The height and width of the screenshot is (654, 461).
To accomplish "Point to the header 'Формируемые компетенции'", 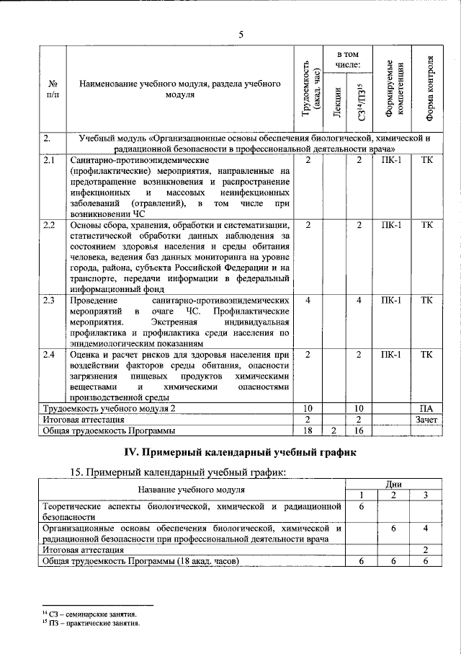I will (395, 89).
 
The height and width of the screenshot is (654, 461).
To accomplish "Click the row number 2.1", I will (50, 160).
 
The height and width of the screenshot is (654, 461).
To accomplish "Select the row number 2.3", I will (50, 299).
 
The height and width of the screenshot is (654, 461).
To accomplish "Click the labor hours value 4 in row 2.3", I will (308, 299).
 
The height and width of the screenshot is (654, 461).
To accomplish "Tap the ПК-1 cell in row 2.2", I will (394, 225).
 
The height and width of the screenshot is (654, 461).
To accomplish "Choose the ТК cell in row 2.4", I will (426, 355).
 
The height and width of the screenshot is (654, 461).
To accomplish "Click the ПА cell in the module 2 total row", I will (426, 408).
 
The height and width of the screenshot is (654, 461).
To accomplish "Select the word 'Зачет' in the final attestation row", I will (426, 419).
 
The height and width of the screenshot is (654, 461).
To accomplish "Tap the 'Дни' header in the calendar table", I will (393, 484).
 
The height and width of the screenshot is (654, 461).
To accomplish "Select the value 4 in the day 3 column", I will (426, 529).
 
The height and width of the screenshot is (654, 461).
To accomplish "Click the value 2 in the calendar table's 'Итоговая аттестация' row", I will (426, 549).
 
